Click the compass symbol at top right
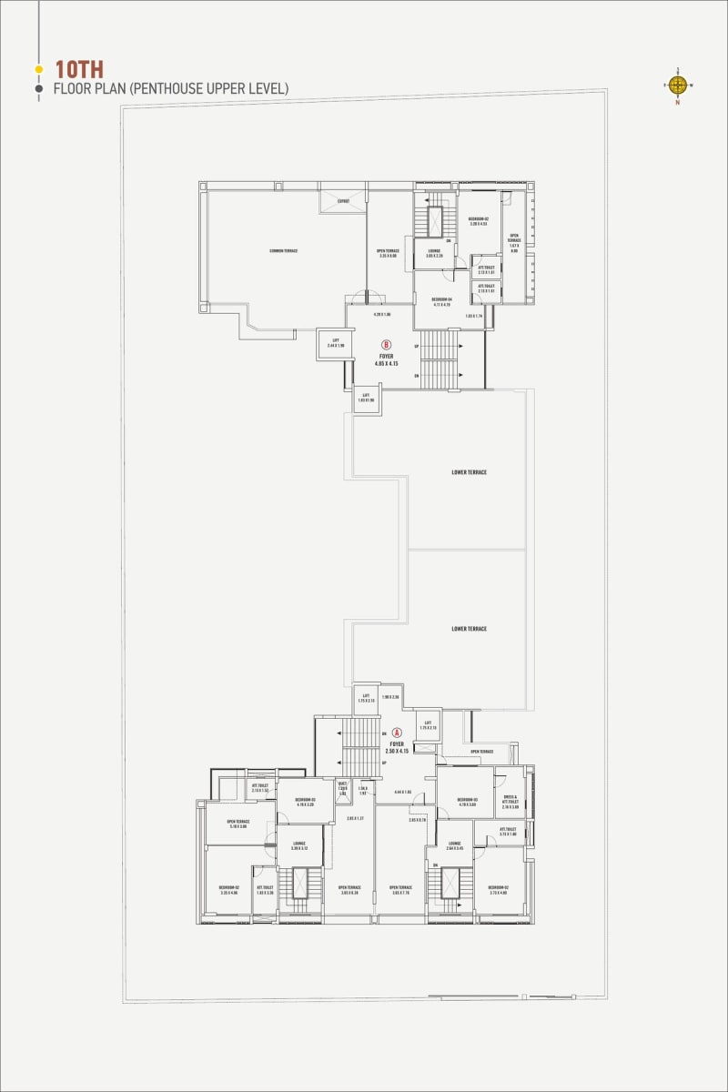677,86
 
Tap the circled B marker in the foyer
387,345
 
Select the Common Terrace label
283,250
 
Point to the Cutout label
343,201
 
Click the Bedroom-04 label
442,300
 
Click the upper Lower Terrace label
469,472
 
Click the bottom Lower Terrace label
469,629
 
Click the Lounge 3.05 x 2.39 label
434,253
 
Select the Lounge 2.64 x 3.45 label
454,845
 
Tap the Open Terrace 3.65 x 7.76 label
400,890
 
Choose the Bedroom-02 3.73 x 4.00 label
498,890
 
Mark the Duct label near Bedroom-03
343,788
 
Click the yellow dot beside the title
38,69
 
